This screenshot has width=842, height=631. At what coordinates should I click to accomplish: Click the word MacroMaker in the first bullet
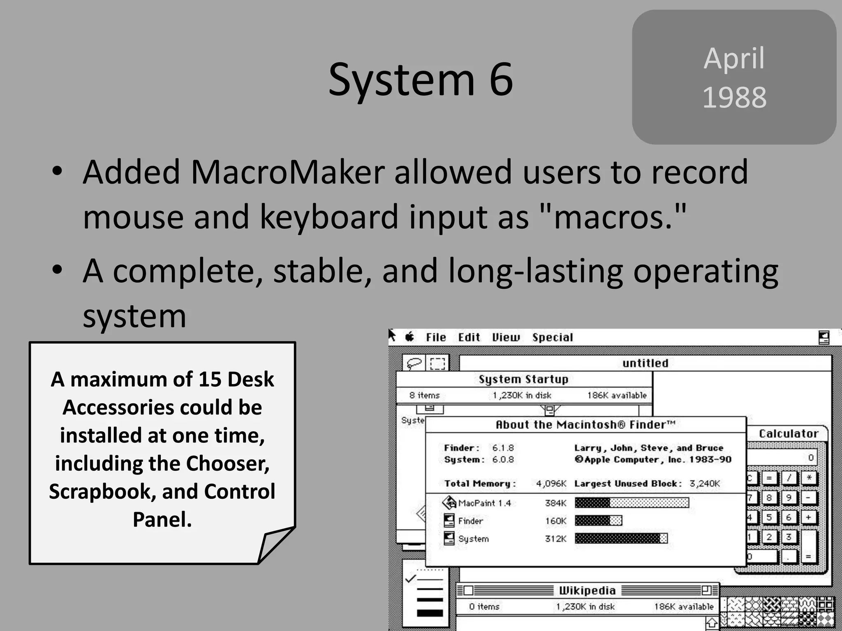287,172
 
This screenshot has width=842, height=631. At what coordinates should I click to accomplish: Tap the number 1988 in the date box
734,98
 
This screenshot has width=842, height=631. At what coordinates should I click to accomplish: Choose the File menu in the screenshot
436,337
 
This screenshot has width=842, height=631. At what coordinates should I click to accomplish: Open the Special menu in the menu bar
553,337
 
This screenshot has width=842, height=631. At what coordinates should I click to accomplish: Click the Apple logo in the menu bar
409,337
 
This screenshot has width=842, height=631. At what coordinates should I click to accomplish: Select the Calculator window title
789,433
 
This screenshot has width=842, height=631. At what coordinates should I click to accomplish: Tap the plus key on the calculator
808,517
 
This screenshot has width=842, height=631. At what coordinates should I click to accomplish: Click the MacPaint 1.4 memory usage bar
631,502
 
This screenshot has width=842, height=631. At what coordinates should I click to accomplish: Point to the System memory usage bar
621,538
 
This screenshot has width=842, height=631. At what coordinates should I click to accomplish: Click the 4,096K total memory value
551,484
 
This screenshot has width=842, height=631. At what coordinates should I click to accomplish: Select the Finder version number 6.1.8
503,448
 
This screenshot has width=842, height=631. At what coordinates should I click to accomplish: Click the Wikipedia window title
587,591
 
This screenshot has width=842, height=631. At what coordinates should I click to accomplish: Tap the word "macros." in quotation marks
612,217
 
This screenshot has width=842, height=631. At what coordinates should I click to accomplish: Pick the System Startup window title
523,379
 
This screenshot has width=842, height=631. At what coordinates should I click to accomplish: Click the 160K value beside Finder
555,521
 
